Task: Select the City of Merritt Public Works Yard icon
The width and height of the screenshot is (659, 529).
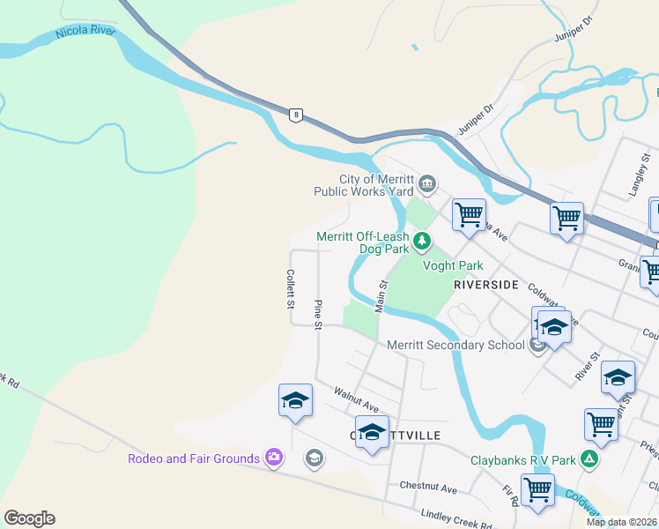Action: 427,184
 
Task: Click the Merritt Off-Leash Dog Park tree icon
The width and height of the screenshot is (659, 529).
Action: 423,240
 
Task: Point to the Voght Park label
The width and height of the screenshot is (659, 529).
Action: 454,265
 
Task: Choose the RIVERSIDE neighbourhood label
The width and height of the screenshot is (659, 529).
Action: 485,286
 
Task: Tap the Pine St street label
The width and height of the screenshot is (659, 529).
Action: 318,315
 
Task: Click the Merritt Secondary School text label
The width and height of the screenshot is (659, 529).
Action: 455,345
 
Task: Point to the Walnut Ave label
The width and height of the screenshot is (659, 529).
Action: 355,399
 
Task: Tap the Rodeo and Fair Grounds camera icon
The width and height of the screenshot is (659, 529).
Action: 274,457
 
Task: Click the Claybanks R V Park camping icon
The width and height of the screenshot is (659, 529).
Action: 589,458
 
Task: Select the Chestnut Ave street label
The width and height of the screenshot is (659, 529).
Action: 428,487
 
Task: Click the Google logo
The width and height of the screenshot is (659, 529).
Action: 29,518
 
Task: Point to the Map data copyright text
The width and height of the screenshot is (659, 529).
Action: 622,522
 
